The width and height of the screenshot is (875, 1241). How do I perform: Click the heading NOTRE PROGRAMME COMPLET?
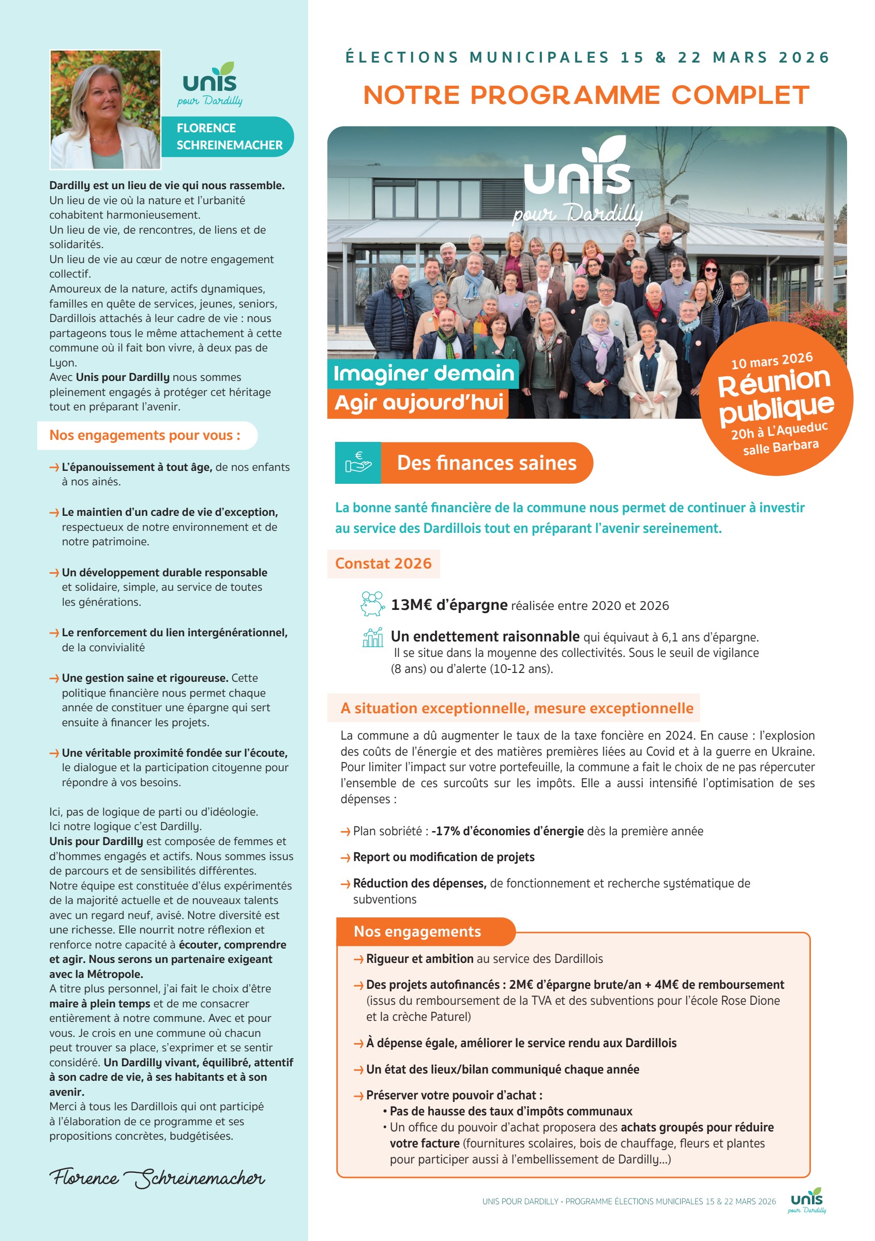pyautogui.click(x=586, y=95)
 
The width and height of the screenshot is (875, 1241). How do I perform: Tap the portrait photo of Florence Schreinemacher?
pyautogui.click(x=105, y=110)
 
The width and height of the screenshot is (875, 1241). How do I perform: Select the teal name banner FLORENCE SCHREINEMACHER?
pyautogui.click(x=229, y=137)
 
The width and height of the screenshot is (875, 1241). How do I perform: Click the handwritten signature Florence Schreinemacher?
pyautogui.click(x=157, y=1178)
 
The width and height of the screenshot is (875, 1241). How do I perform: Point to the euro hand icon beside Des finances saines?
pyautogui.click(x=358, y=463)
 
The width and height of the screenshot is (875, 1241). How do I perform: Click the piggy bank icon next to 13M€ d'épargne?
pyautogui.click(x=373, y=604)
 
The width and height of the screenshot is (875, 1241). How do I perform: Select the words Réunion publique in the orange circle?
pyautogui.click(x=776, y=394)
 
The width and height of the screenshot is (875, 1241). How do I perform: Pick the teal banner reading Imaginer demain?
pyautogui.click(x=423, y=374)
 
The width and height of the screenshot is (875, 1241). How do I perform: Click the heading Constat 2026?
pyautogui.click(x=383, y=563)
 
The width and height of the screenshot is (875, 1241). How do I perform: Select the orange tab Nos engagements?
pyautogui.click(x=417, y=931)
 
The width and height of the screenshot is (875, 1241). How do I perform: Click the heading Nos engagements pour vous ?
pyautogui.click(x=145, y=435)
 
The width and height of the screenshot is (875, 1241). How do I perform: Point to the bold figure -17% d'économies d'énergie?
pyautogui.click(x=507, y=831)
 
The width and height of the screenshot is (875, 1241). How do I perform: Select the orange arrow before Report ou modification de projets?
pyautogui.click(x=345, y=858)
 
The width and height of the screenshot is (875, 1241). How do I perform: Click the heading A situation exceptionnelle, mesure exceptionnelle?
pyautogui.click(x=517, y=708)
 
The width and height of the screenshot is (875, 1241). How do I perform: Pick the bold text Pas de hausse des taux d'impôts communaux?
pyautogui.click(x=510, y=1111)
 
